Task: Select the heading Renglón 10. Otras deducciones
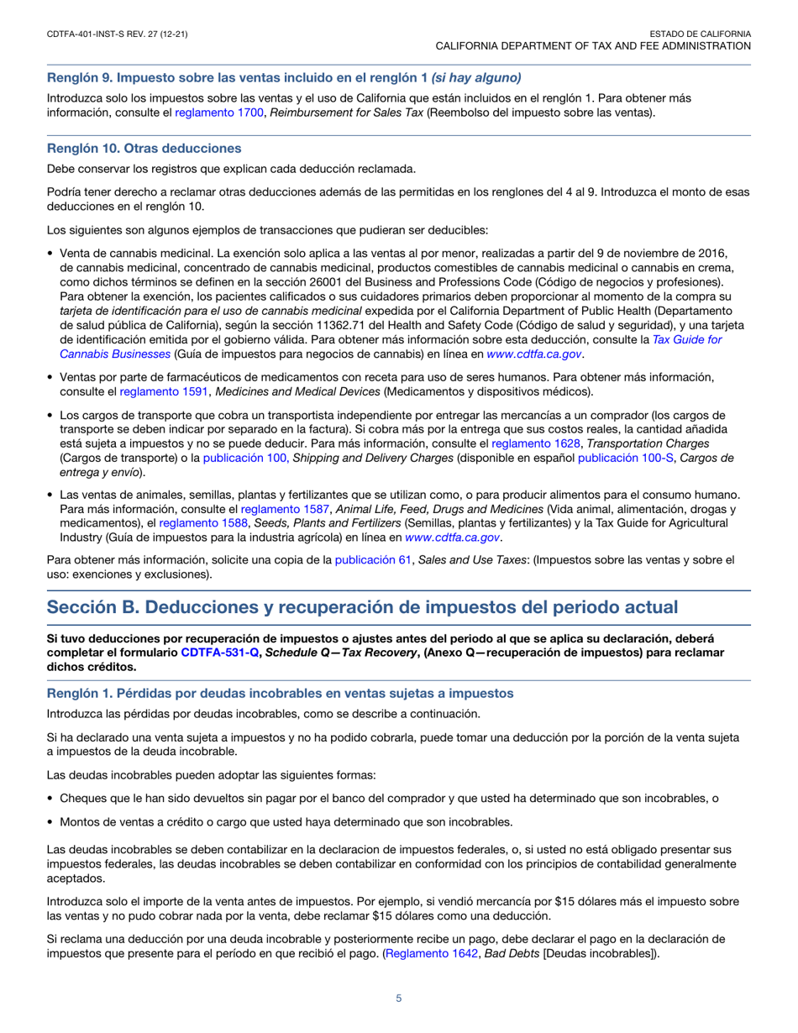pyautogui.click(x=144, y=149)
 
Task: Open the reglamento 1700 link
pyautogui.click(x=208, y=112)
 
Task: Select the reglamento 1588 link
pyautogui.click(x=192, y=523)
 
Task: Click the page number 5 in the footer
pyautogui.click(x=399, y=998)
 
